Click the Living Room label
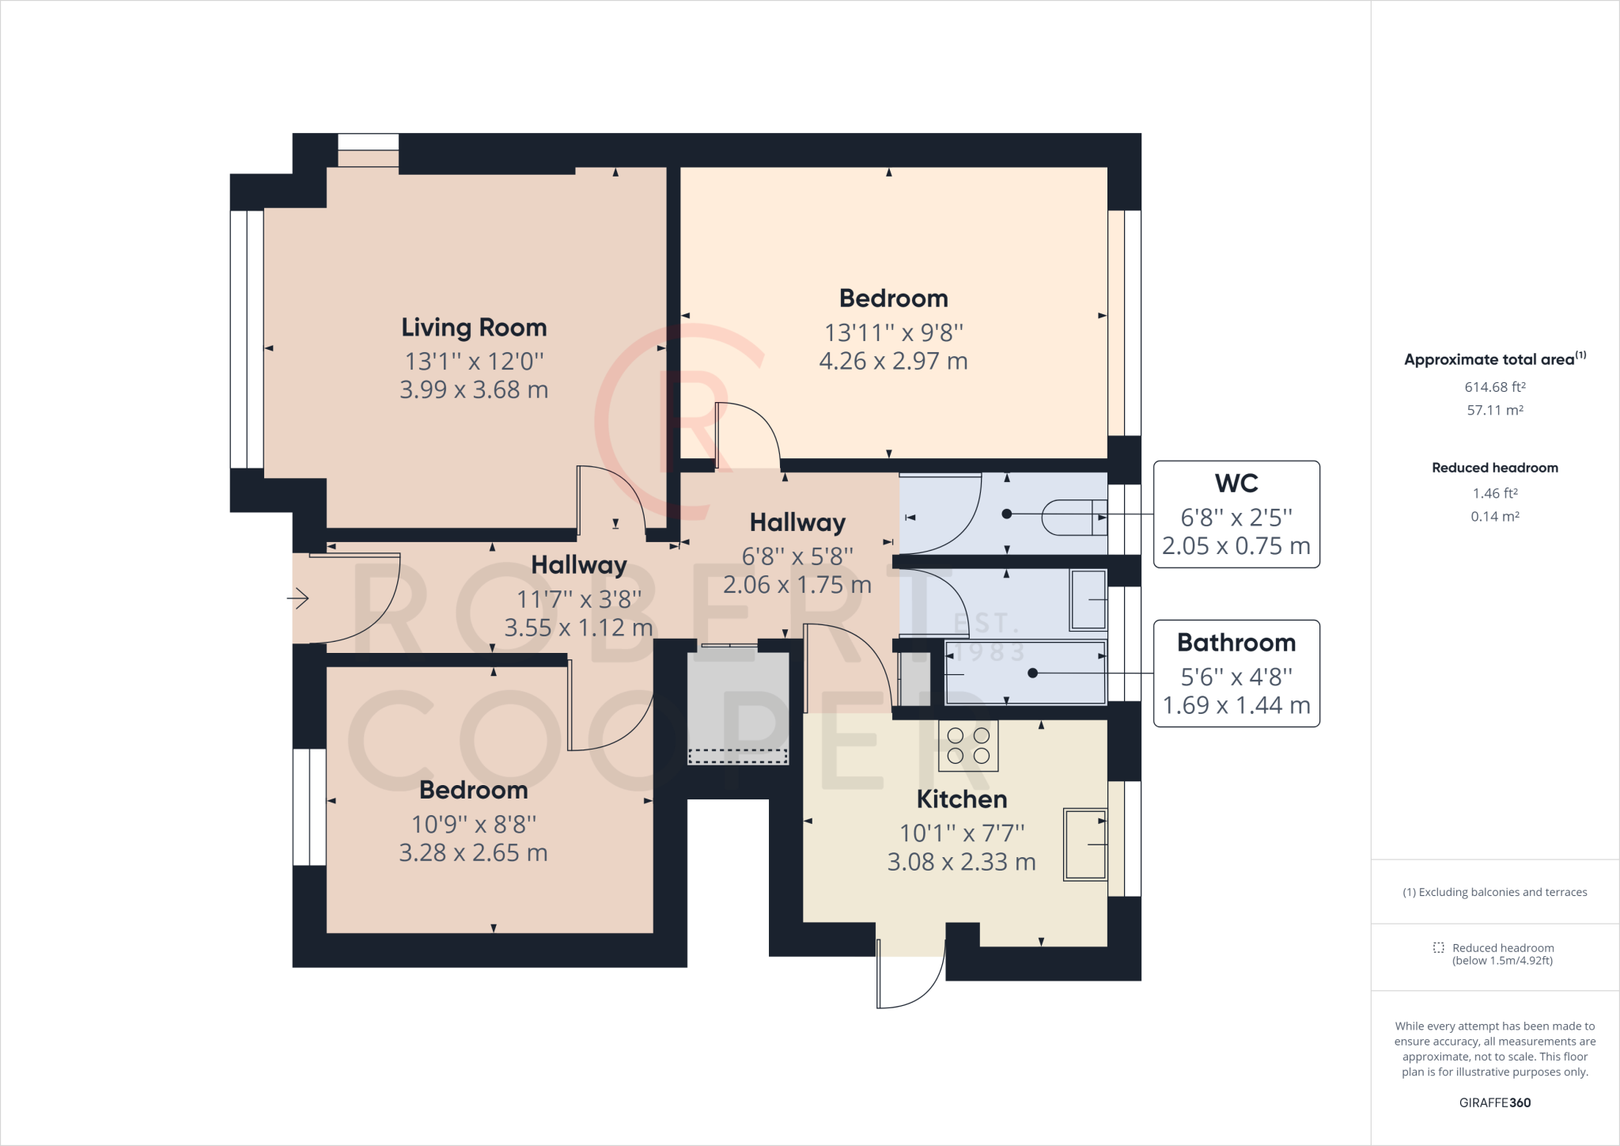(x=474, y=328)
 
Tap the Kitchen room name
(x=962, y=799)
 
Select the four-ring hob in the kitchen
(x=968, y=746)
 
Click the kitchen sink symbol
(x=1085, y=844)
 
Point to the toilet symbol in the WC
(x=1074, y=518)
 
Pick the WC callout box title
(x=1236, y=484)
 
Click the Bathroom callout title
(x=1236, y=643)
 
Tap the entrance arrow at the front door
(x=297, y=598)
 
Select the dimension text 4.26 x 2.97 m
(x=893, y=362)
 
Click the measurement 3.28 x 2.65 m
(x=473, y=853)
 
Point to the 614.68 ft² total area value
(x=1495, y=387)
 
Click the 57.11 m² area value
(x=1495, y=410)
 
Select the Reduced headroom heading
(x=1495, y=468)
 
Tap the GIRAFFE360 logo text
(x=1495, y=1102)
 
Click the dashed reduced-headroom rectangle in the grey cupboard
(x=738, y=757)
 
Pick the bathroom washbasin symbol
(x=1088, y=600)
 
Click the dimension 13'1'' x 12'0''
(x=474, y=362)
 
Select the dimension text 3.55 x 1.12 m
(x=578, y=628)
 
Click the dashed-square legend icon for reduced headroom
(x=1438, y=948)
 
